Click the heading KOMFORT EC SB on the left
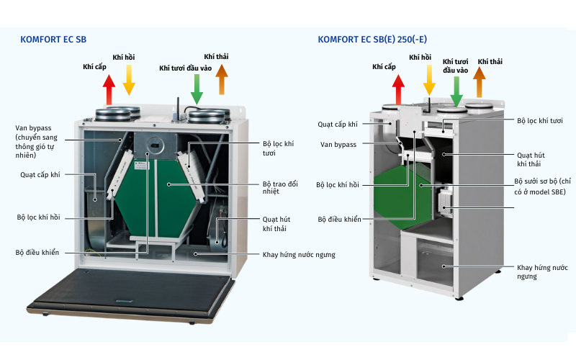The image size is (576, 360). (x=53, y=40)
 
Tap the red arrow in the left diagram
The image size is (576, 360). (x=109, y=91)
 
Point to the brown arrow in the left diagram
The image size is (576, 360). (x=221, y=79)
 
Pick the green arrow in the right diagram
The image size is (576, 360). (x=456, y=91)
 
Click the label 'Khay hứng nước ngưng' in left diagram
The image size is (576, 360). (x=299, y=254)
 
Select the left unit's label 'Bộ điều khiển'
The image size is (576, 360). (x=37, y=253)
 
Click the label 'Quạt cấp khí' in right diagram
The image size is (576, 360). (x=338, y=125)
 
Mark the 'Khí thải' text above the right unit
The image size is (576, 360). (x=491, y=62)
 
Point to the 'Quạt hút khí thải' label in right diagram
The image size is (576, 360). (x=534, y=159)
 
